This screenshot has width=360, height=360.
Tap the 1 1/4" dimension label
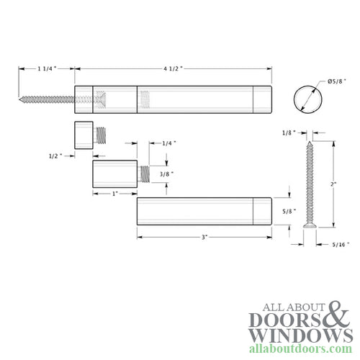(46, 69)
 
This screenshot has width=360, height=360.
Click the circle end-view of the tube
(307, 98)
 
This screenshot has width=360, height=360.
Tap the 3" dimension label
(204, 238)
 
